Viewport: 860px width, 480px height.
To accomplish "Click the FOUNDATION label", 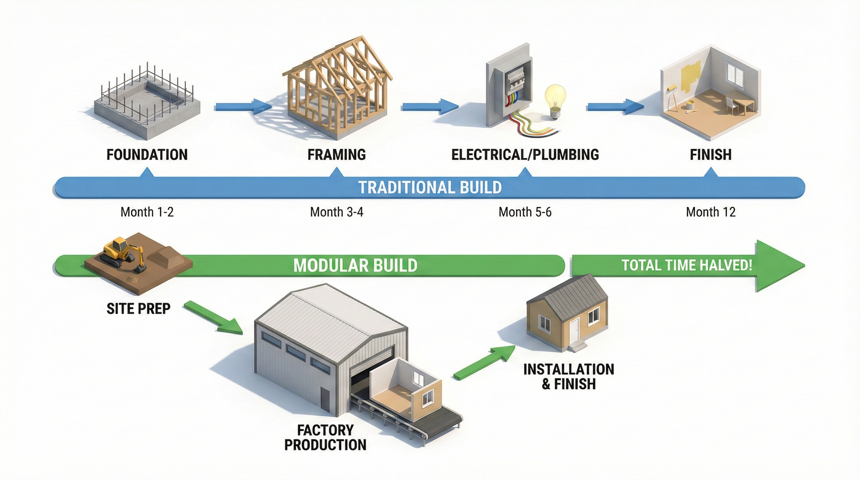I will point(147,155).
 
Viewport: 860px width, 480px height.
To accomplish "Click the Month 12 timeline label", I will point(710,212).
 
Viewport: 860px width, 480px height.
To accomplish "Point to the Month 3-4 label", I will point(336,212).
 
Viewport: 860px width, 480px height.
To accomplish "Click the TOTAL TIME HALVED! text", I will point(686,266).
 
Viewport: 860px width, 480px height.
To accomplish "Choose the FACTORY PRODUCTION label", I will point(325,438).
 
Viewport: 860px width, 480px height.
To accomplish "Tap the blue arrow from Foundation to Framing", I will point(242,106).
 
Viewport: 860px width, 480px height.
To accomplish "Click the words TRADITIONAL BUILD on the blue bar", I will point(430,188).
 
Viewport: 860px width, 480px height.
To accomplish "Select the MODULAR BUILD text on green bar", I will point(355,266).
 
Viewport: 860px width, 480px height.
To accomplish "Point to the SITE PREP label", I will point(138,309).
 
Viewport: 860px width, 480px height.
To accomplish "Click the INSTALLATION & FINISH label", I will point(569,377).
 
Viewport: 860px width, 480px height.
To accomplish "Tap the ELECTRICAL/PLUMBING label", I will point(525,155).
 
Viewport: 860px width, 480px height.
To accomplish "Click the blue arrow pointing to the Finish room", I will point(614,106).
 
